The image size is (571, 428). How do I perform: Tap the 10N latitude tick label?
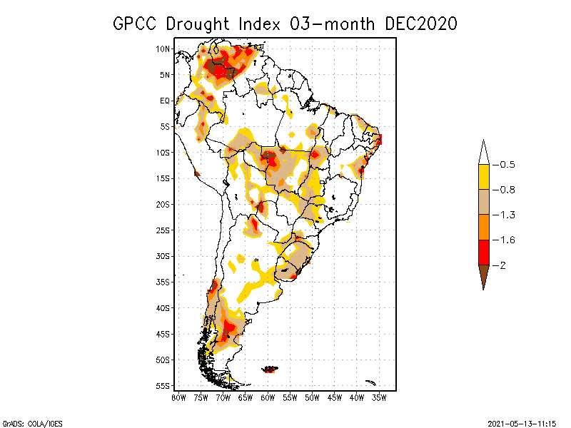click(x=163, y=49)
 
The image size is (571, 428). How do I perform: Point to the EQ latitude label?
click(x=165, y=101)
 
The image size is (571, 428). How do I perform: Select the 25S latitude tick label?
click(x=163, y=230)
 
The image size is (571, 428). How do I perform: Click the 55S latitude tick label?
click(x=163, y=385)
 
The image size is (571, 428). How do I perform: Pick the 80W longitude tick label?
click(x=178, y=397)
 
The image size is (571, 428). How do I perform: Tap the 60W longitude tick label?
click(x=268, y=397)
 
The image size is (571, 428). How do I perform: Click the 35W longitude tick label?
click(x=380, y=397)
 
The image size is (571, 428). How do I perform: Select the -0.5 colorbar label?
click(x=507, y=165)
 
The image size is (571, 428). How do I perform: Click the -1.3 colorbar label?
click(x=507, y=215)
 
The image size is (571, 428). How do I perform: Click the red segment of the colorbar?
click(x=483, y=252)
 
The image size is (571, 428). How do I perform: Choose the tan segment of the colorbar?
click(x=483, y=202)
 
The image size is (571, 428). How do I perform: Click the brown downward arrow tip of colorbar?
click(x=483, y=277)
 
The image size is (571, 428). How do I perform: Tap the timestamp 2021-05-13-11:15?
click(x=522, y=422)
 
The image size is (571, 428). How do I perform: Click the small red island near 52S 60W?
click(x=271, y=369)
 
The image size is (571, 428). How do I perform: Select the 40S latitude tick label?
click(x=163, y=307)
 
